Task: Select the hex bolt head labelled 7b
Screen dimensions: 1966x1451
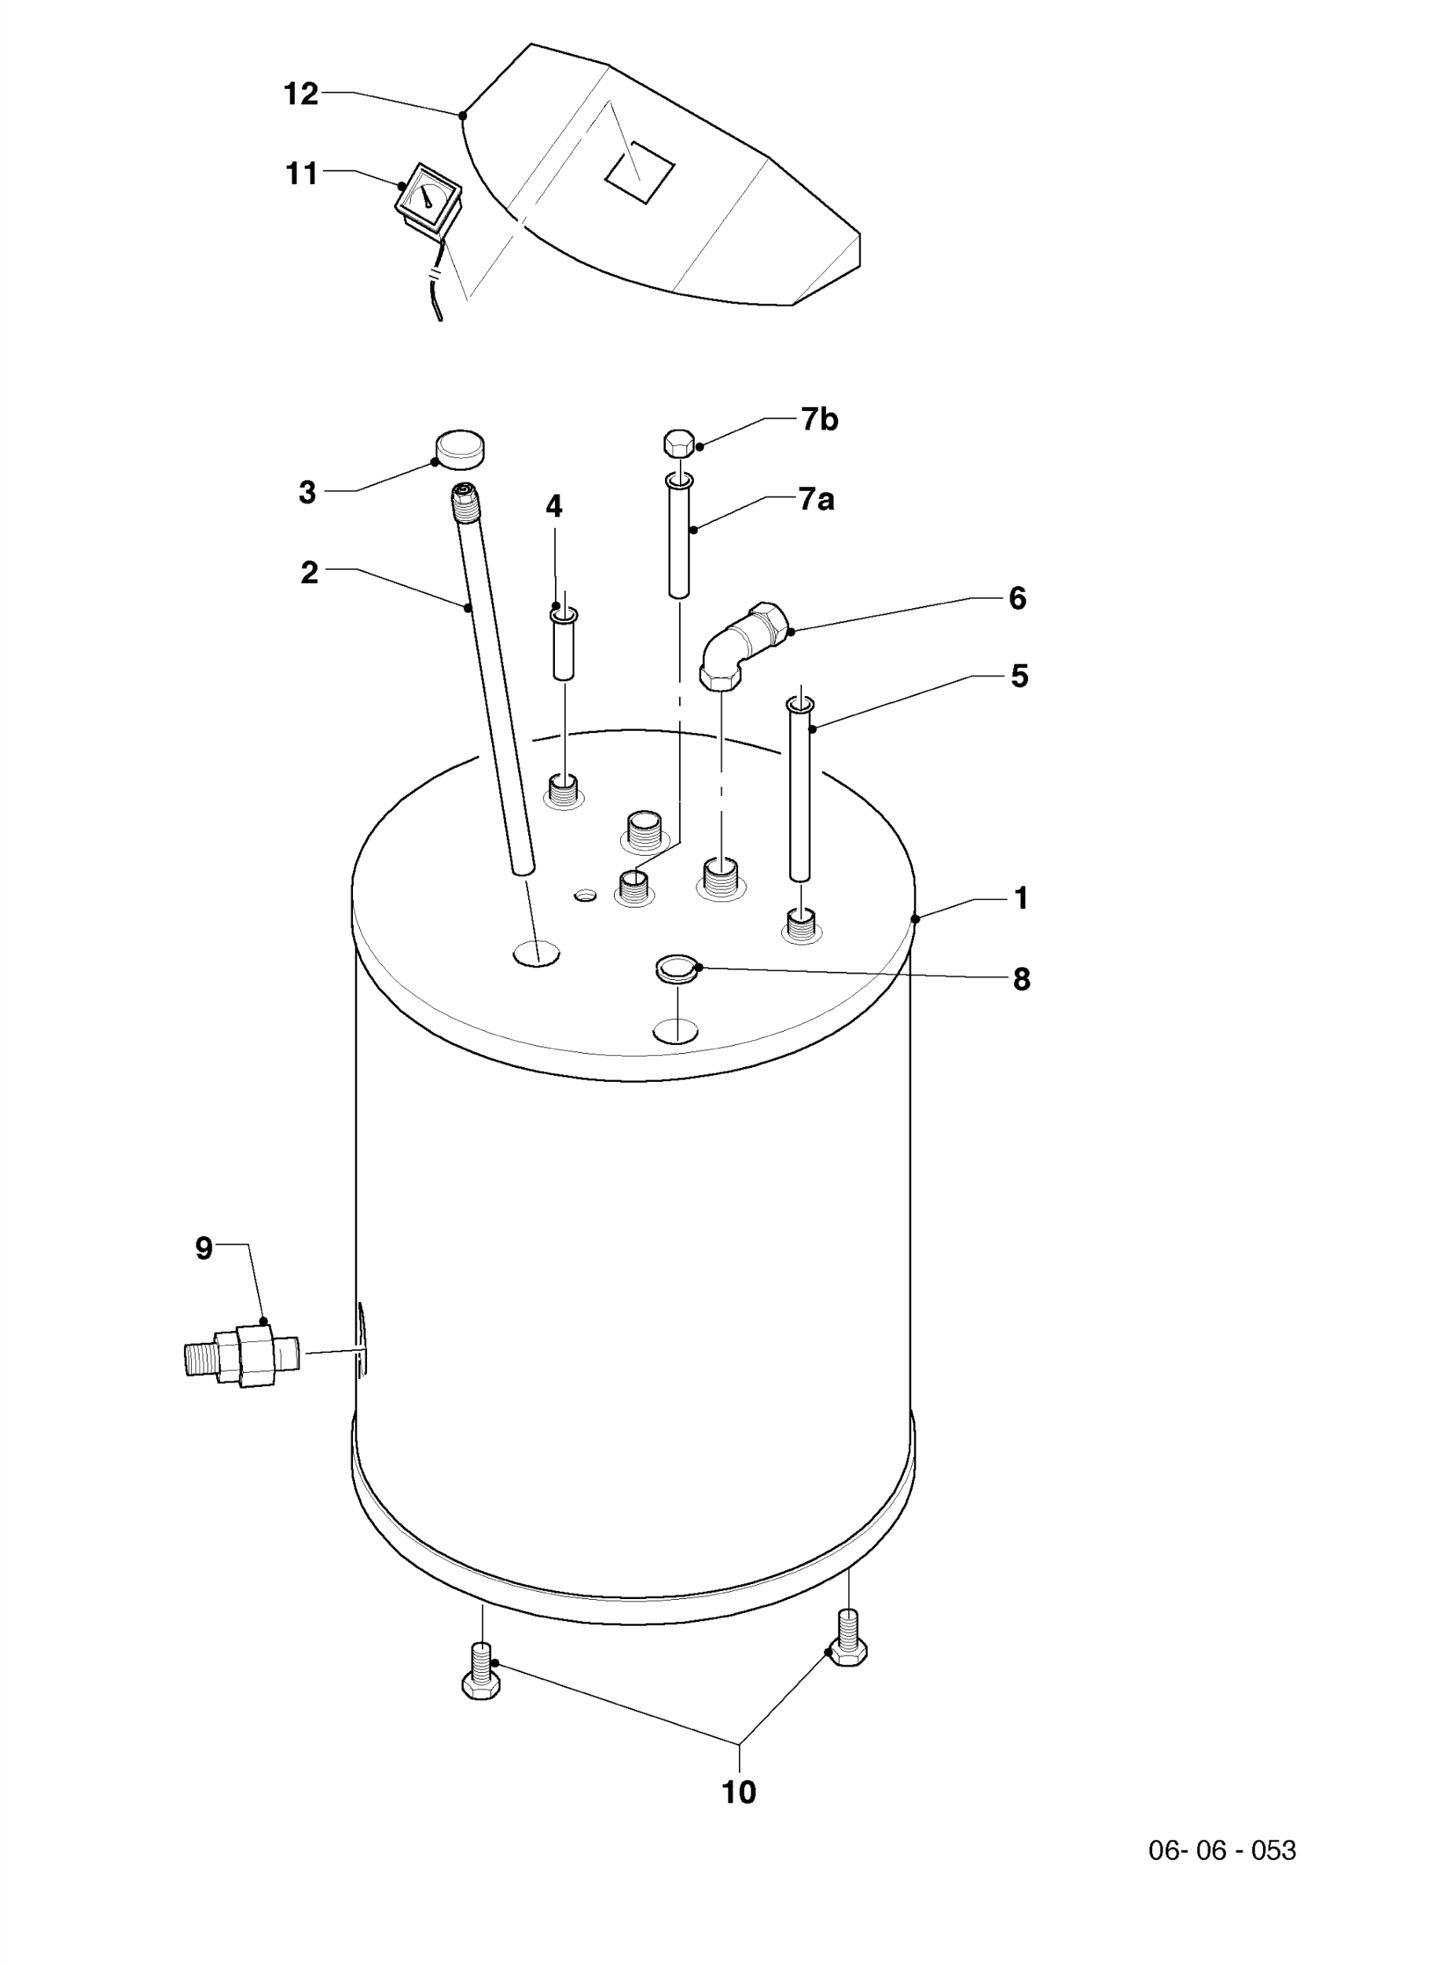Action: pos(679,442)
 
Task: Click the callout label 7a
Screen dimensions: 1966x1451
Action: pos(816,500)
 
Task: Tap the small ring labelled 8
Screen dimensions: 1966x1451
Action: pos(676,970)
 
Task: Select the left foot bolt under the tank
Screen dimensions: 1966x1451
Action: pos(480,1674)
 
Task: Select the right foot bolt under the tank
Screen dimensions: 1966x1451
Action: pos(847,1638)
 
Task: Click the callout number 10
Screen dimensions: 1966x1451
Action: pos(739,1792)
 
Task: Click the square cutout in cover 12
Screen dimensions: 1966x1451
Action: pos(639,172)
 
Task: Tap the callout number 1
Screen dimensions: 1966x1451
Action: pos(1020,898)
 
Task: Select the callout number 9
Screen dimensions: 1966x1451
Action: pos(204,1249)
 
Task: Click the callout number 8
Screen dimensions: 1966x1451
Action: pos(1020,980)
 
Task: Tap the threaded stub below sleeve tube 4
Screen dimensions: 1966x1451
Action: pos(563,790)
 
